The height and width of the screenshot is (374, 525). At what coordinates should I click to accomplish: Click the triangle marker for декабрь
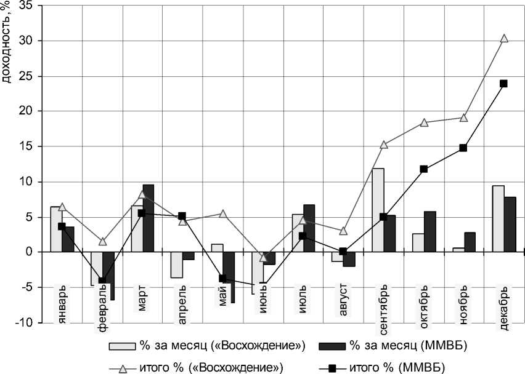coord(504,38)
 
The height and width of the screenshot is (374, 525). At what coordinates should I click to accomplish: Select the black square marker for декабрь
coord(503,84)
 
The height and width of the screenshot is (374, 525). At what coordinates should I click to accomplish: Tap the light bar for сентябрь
coord(378,210)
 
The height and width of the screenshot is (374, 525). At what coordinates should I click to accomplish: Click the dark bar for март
coord(149,218)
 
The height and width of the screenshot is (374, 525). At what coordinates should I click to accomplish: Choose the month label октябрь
coord(423,301)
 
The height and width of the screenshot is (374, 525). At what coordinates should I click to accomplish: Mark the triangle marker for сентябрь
coord(383,145)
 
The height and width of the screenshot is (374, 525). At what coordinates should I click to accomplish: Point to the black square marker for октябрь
coord(423,169)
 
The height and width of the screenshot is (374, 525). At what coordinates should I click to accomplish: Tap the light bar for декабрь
coord(498,218)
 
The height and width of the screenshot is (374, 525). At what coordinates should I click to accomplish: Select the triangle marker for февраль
coord(102,242)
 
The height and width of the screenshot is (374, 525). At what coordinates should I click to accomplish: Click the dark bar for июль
coord(309,228)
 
